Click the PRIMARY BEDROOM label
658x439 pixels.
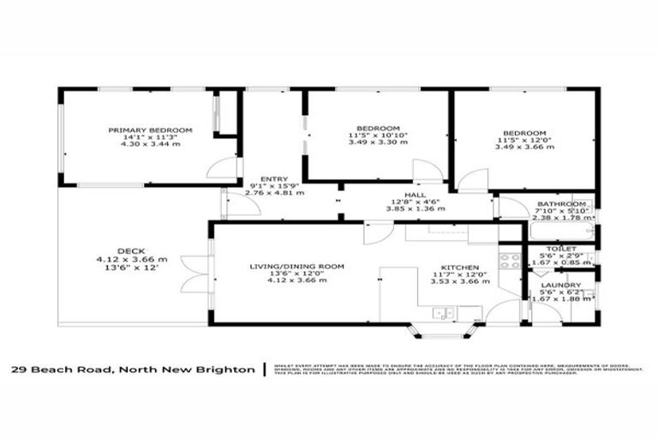pyautogui.click(x=150, y=130)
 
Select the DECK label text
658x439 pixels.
pyautogui.click(x=131, y=250)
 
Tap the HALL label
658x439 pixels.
pyautogui.click(x=416, y=195)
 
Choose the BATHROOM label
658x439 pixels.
pyautogui.click(x=561, y=204)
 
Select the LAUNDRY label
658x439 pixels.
pyautogui.click(x=562, y=285)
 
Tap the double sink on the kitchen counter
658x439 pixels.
pyautogui.click(x=444, y=314)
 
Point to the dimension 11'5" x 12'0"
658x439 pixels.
pyautogui.click(x=523, y=140)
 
